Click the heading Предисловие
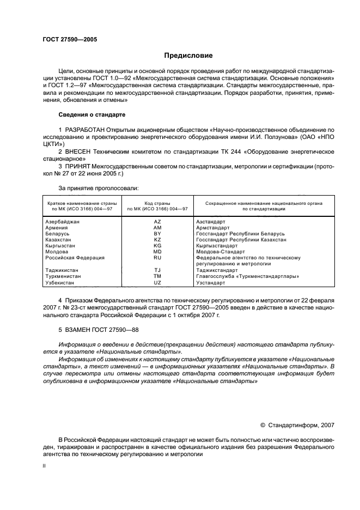pos(188,56)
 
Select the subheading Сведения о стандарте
pos(92,115)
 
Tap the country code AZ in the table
pos(157,222)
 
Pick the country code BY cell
pos(157,234)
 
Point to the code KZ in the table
pos(157,240)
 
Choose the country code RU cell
pos(157,258)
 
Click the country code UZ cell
pos(157,283)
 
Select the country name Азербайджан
pos(63,222)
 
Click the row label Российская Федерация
pos(75,258)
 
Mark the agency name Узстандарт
pos(211,283)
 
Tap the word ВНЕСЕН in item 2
pos(77,150)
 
